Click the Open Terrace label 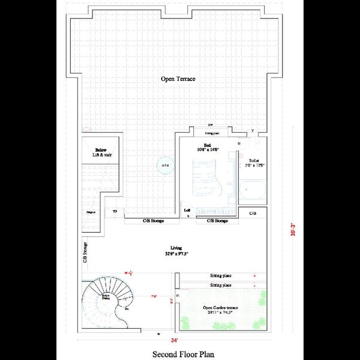coord(178,79)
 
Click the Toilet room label coord(251,161)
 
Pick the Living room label coord(176,247)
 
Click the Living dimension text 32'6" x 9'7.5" coord(176,254)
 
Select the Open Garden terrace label coord(221,308)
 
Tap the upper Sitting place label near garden coord(221,276)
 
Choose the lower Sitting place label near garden coord(221,285)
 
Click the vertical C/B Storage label coord(85,252)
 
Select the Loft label coord(187,210)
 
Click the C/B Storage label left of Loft coord(154,221)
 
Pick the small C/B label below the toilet coord(253,214)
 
